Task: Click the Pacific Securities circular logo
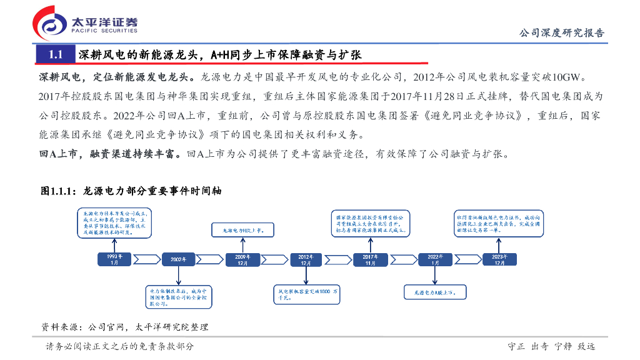pyautogui.click(x=50, y=24)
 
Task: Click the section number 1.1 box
pyautogui.click(x=55, y=55)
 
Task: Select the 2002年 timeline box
pyautogui.click(x=179, y=259)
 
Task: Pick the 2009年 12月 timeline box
pyautogui.click(x=242, y=259)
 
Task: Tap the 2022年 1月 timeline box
pyautogui.click(x=434, y=259)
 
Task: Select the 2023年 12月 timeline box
pyautogui.click(x=499, y=259)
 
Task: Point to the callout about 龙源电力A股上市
pyautogui.click(x=434, y=291)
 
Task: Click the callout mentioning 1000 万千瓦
pyautogui.click(x=307, y=294)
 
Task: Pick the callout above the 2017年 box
pyautogui.click(x=370, y=223)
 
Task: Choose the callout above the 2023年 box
pyautogui.click(x=499, y=223)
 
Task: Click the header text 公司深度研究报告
pyautogui.click(x=562, y=33)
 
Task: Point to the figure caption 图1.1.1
pyautogui.click(x=131, y=191)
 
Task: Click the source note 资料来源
pyautogui.click(x=124, y=327)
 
